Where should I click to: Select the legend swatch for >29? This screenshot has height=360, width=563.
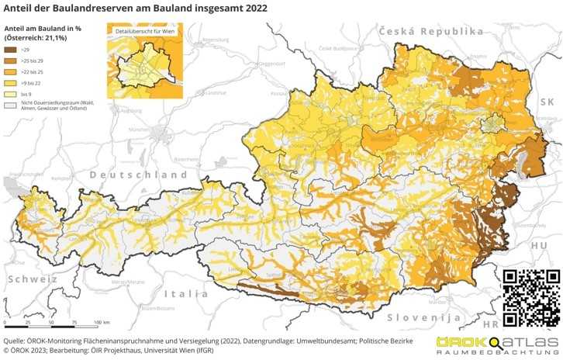coord(12,50)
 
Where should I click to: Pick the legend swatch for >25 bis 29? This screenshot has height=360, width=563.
coord(12,60)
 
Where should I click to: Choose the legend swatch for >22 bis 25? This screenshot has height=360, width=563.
coord(12,71)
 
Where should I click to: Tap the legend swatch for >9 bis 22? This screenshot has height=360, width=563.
coord(12,81)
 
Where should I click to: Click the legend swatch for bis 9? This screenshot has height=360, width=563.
coord(12,92)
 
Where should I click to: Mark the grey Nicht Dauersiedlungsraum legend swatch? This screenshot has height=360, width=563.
coord(12,103)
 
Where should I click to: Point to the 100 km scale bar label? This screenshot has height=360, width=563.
coord(101,322)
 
